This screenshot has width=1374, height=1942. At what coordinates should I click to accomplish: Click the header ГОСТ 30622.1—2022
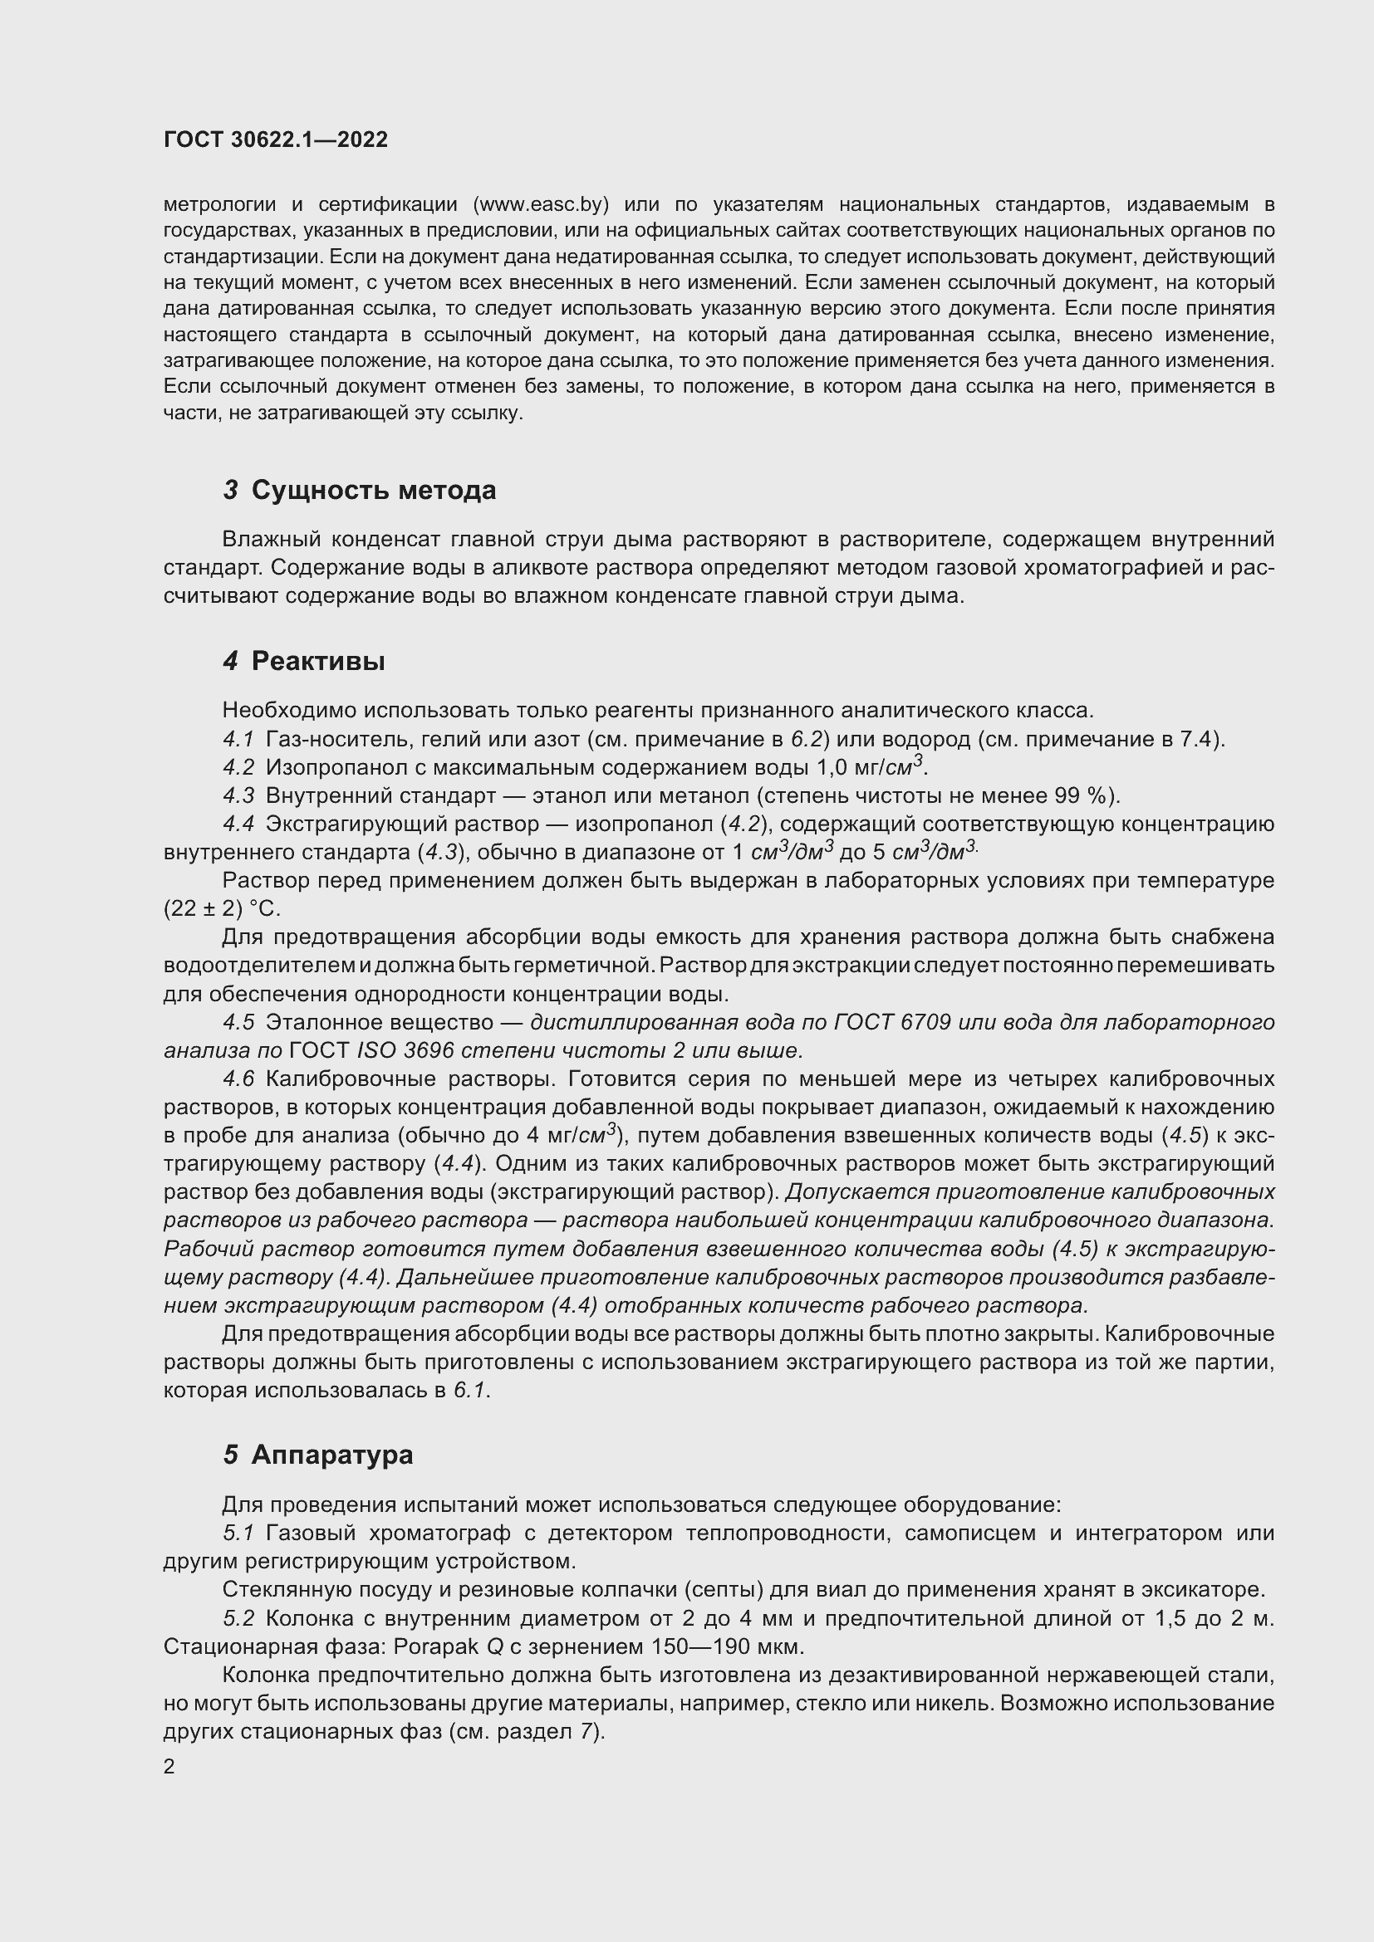pos(275,140)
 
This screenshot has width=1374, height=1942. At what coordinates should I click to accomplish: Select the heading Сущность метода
pos(373,491)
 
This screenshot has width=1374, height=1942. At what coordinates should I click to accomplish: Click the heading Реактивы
pos(318,661)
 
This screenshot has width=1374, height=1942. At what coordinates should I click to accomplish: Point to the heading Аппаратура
pos(331,1455)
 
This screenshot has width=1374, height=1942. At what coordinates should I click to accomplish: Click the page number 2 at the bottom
pos(169,1767)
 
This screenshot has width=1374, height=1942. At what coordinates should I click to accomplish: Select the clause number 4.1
pos(238,739)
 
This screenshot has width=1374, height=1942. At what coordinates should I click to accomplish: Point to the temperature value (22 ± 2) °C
pos(221,909)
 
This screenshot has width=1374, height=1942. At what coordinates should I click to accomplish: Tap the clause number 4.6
pos(238,1079)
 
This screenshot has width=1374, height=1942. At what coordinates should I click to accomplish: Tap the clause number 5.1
pos(238,1534)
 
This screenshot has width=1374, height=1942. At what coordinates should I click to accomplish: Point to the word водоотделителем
pos(258,965)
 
